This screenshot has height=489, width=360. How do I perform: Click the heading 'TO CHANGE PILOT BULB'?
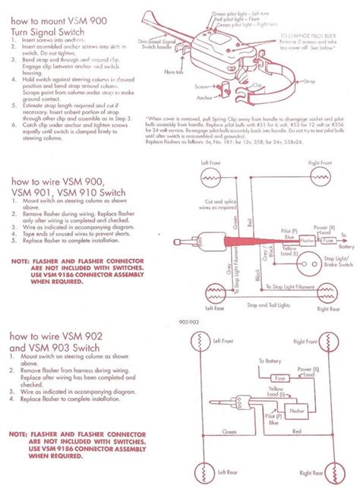[307, 35]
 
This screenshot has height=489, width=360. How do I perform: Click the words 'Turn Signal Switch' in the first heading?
[47, 35]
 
